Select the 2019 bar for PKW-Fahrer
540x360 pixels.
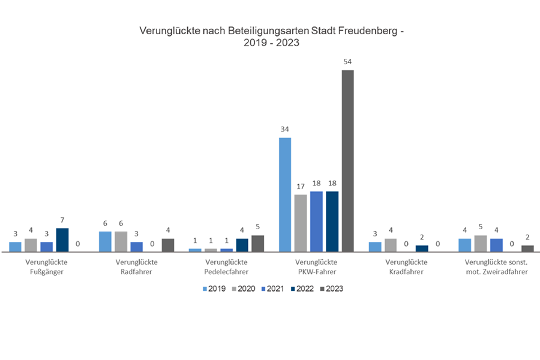pos(285,194)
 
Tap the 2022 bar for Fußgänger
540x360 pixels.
pos(62,240)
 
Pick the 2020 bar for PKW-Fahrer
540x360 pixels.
pos(301,223)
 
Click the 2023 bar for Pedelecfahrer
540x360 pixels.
pos(257,244)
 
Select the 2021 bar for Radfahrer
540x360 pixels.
pos(137,247)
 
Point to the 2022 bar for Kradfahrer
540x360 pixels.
pos(422,248)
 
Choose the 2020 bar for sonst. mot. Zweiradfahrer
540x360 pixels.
pos(480,244)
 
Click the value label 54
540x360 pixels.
pos(347,62)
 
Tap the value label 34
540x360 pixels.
pos(285,129)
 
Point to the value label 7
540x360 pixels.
pos(62,220)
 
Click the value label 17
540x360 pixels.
pos(301,186)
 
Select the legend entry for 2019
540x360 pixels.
pos(214,289)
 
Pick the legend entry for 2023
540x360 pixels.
pos(331,289)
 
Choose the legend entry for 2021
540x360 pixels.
pos(272,289)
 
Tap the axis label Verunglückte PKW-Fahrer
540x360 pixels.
pos(316,267)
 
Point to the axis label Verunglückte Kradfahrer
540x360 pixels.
pos(406,267)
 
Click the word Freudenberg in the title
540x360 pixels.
pos(365,29)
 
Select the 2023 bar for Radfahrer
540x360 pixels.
pos(168,245)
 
